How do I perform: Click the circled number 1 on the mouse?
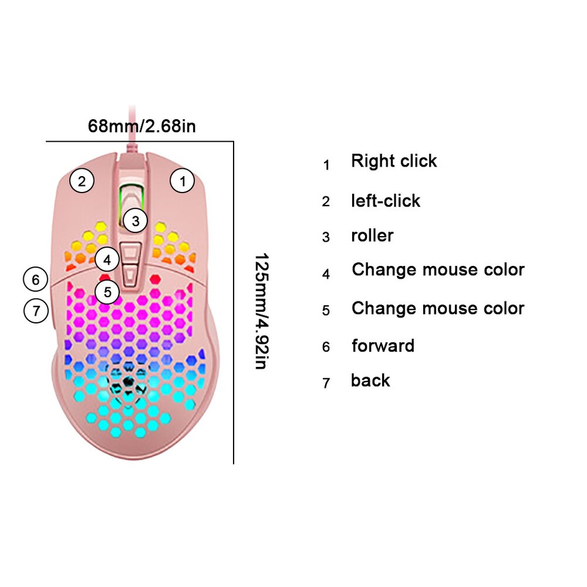tap(182, 180)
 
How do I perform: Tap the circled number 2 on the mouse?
tap(81, 180)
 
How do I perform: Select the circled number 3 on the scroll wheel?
tap(136, 220)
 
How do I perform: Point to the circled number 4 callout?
tap(107, 259)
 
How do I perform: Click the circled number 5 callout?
tap(108, 292)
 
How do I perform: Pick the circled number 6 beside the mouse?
tap(35, 280)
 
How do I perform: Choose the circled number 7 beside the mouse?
tap(35, 311)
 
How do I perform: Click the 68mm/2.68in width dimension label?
tap(142, 127)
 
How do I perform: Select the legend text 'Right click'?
tap(394, 161)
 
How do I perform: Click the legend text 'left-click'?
tap(385, 201)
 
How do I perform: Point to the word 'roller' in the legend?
tap(372, 235)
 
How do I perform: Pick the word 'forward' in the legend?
tap(383, 345)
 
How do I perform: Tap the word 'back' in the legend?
tap(370, 380)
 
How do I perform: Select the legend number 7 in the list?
tap(326, 383)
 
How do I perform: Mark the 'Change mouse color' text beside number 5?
tap(438, 308)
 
